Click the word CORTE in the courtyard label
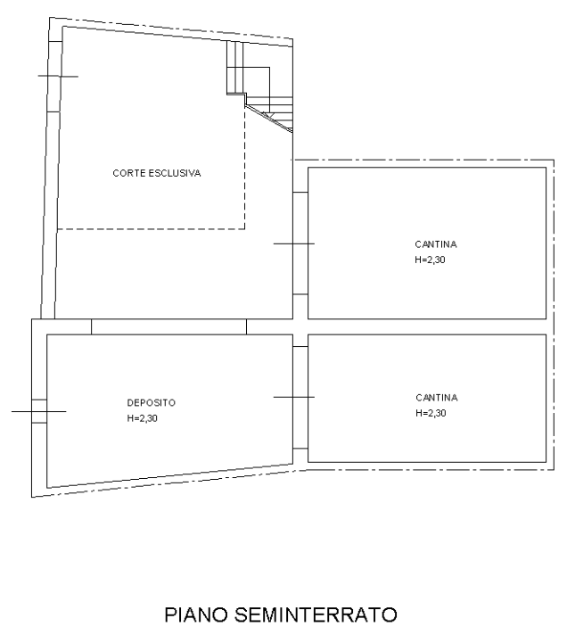click(129, 173)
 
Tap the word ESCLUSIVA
click(175, 173)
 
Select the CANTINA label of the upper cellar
click(436, 244)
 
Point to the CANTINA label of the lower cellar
click(437, 398)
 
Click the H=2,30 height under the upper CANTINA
click(430, 260)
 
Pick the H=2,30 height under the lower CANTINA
click(431, 413)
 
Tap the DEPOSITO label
click(151, 403)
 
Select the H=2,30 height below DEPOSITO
click(142, 418)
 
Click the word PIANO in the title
click(196, 614)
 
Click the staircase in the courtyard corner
click(259, 87)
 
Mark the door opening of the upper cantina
click(300, 243)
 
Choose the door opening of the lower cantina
click(300, 397)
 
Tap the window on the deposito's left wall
click(39, 411)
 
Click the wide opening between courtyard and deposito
click(168, 326)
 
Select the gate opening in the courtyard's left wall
click(54, 76)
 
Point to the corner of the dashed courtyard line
click(245, 229)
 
